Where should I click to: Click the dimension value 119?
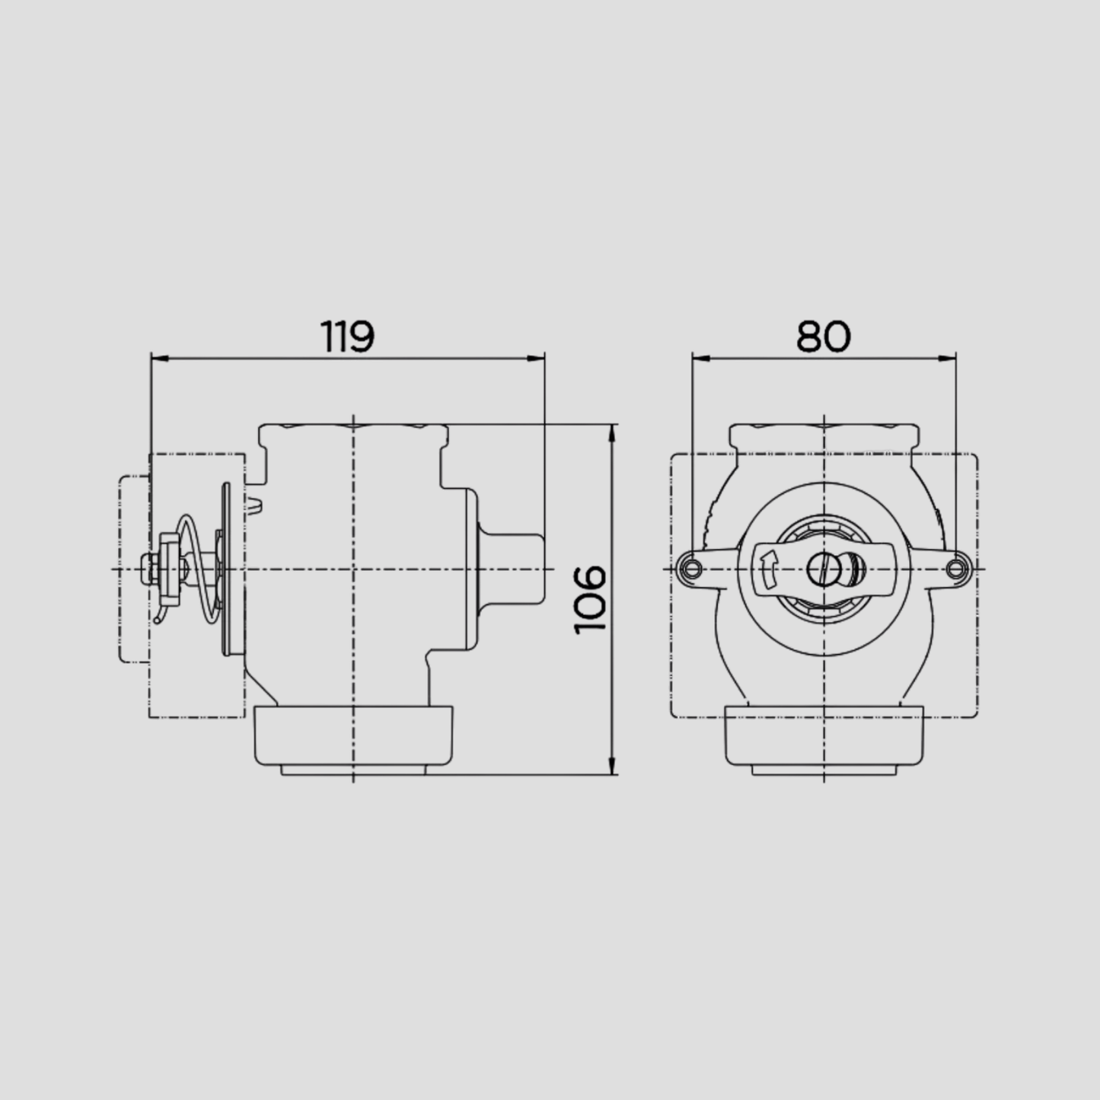click(x=347, y=336)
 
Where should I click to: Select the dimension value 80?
click(x=823, y=336)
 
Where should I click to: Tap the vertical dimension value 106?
click(x=589, y=600)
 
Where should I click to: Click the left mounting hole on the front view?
click(x=691, y=569)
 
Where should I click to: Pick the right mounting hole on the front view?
click(x=955, y=569)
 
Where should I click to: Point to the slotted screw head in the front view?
click(x=823, y=569)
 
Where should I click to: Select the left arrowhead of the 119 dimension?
click(x=161, y=359)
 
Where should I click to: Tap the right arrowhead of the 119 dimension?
click(x=535, y=359)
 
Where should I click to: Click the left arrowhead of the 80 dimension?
click(x=701, y=359)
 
